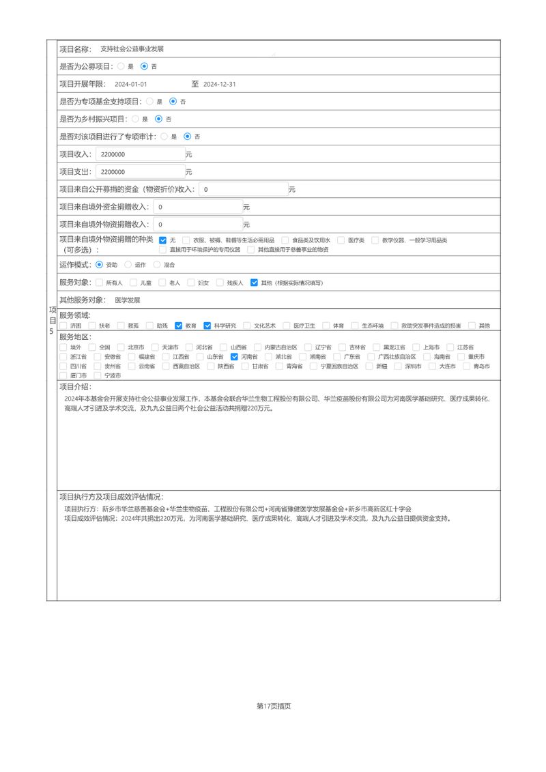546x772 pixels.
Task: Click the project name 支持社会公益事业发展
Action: pos(132,49)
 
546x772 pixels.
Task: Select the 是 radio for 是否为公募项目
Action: pos(121,67)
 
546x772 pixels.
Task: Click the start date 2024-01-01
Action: pos(131,85)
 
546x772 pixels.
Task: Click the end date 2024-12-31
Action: pos(220,85)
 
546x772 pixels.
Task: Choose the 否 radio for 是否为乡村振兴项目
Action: pos(159,119)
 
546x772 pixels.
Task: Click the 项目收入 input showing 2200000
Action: pos(140,155)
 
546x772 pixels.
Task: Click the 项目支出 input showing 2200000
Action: pos(140,172)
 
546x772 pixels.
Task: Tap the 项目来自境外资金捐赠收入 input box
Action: pos(197,207)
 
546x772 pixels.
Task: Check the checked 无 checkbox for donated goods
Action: pos(162,240)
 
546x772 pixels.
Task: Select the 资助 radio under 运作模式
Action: pos(100,264)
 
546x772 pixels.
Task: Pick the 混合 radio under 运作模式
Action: pos(157,264)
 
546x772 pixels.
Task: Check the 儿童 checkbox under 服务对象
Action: pos(134,282)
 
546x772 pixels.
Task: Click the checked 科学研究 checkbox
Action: pos(207,326)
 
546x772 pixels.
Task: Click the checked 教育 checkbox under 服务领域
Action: pos(179,326)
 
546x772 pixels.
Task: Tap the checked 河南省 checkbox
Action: pos(235,356)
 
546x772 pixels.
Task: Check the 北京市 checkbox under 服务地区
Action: pos(121,347)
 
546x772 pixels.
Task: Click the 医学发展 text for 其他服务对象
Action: pos(128,300)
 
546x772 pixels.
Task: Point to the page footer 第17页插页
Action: pos(274,706)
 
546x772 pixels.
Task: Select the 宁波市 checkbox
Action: pos(98,375)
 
